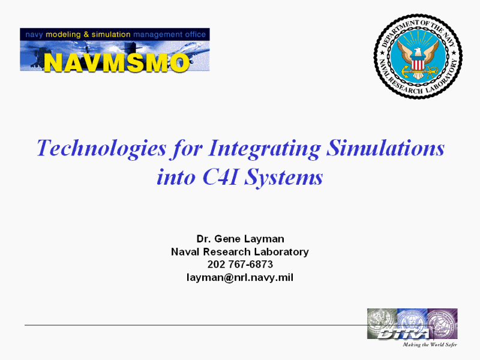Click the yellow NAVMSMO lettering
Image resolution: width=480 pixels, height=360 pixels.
(x=116, y=62)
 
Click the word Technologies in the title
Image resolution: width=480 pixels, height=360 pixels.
(x=101, y=149)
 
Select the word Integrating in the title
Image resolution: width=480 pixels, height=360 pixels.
(x=265, y=149)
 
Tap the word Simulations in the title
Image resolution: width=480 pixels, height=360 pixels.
(x=385, y=148)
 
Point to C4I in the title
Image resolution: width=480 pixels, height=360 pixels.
(x=220, y=177)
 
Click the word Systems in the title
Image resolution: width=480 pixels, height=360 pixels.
(x=284, y=178)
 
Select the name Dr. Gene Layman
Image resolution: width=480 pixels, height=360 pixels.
(x=241, y=239)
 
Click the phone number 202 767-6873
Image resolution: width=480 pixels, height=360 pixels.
(x=240, y=264)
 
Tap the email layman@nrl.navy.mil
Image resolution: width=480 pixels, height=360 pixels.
(x=240, y=277)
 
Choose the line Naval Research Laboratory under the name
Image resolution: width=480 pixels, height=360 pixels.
(x=240, y=251)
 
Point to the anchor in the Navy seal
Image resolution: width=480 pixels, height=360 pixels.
(x=418, y=72)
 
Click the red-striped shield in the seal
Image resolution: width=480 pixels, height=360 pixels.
(x=418, y=64)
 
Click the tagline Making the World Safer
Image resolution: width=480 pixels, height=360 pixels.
(x=430, y=345)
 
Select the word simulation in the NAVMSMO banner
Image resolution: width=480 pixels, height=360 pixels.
(x=111, y=34)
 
